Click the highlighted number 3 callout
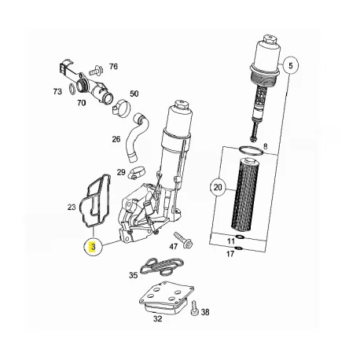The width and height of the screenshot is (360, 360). pyautogui.click(x=93, y=247)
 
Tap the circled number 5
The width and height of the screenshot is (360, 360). pyautogui.click(x=290, y=65)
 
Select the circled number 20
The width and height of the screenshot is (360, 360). pyautogui.click(x=218, y=187)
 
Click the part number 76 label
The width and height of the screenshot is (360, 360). pyautogui.click(x=113, y=66)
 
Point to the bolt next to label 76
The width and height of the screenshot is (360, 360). pyautogui.click(x=96, y=70)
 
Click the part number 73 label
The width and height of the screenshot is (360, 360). pyautogui.click(x=57, y=91)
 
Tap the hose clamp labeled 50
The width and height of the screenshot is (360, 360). pyautogui.click(x=121, y=108)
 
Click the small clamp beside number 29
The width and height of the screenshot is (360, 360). pyautogui.click(x=137, y=173)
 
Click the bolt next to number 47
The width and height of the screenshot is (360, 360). pyautogui.click(x=183, y=240)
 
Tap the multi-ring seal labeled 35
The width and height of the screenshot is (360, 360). pyautogui.click(x=161, y=266)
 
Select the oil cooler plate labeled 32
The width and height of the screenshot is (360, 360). pyautogui.click(x=166, y=298)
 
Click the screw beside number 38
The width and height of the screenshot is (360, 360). pyautogui.click(x=194, y=308)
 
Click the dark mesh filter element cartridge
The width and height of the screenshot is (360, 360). pyautogui.click(x=244, y=194)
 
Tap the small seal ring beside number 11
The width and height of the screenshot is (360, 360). pyautogui.click(x=241, y=237)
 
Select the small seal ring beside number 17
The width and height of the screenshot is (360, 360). pyautogui.click(x=238, y=248)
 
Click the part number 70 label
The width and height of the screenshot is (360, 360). pyautogui.click(x=81, y=103)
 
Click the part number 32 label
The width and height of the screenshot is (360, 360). pyautogui.click(x=157, y=319)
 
